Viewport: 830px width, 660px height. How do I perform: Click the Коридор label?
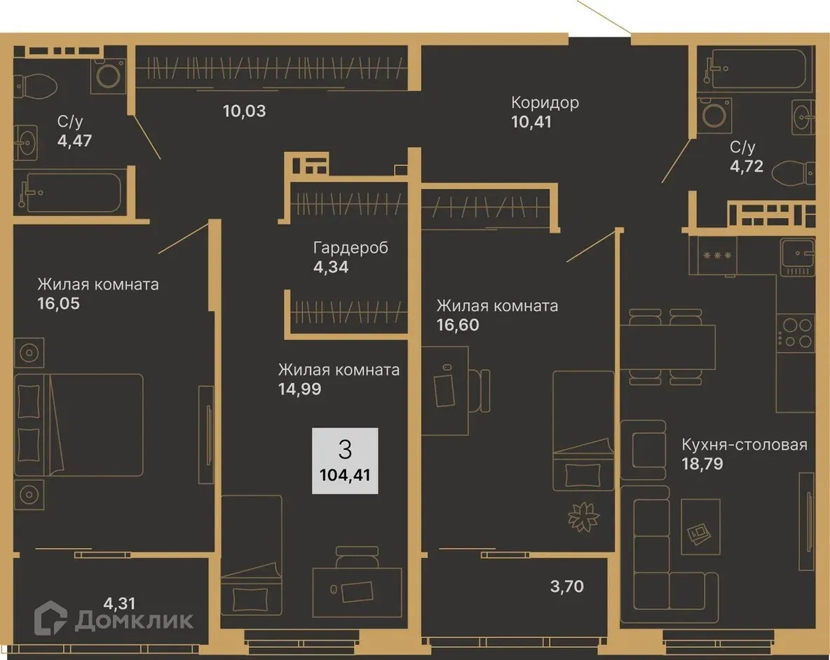(x=545, y=103)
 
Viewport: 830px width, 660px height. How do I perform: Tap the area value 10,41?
(x=531, y=123)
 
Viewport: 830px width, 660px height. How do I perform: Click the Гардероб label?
(x=351, y=247)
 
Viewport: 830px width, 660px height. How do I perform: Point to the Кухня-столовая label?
(x=744, y=445)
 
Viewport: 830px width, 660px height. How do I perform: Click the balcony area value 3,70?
(x=566, y=586)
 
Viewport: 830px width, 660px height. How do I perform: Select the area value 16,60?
(x=458, y=325)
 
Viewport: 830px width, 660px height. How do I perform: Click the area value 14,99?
(x=299, y=389)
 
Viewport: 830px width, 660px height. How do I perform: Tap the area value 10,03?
(x=245, y=111)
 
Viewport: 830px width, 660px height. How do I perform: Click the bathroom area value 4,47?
(x=75, y=139)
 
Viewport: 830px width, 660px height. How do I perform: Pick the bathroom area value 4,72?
(x=746, y=167)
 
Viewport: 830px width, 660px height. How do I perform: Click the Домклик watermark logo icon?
(x=51, y=619)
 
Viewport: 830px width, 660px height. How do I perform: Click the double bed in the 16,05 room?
(x=84, y=424)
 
